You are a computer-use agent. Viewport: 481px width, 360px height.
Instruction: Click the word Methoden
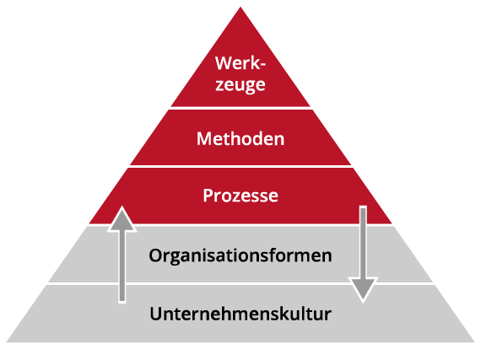point(240,139)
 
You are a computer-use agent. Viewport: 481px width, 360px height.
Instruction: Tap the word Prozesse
point(240,195)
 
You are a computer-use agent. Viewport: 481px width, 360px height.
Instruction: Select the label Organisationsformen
point(240,255)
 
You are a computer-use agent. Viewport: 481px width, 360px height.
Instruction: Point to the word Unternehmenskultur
point(240,314)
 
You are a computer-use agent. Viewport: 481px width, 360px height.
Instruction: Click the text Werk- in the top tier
point(240,63)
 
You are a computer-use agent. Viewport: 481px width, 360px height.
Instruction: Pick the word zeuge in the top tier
point(240,84)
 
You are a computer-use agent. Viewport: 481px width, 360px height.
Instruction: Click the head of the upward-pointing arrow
point(122,219)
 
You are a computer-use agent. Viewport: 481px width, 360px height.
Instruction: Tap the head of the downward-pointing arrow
point(363,289)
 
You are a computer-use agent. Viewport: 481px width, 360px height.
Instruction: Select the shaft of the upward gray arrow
point(122,266)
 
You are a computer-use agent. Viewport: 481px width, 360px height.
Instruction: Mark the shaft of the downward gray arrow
point(363,242)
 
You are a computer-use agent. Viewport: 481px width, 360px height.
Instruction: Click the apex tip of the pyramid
point(240,8)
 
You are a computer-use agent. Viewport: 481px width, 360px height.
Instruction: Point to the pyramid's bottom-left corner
point(7,341)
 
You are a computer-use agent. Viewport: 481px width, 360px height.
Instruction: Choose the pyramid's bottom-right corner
point(474,341)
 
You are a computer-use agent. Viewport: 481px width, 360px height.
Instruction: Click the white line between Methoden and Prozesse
point(240,166)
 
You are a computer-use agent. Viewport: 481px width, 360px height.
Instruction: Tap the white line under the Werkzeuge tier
point(240,108)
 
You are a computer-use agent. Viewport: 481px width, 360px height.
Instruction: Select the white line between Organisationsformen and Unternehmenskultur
point(240,284)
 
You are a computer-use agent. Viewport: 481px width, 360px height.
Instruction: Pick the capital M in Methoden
point(204,139)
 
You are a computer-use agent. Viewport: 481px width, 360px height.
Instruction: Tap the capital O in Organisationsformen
point(155,255)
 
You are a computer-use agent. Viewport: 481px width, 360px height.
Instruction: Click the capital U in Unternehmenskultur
point(156,314)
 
